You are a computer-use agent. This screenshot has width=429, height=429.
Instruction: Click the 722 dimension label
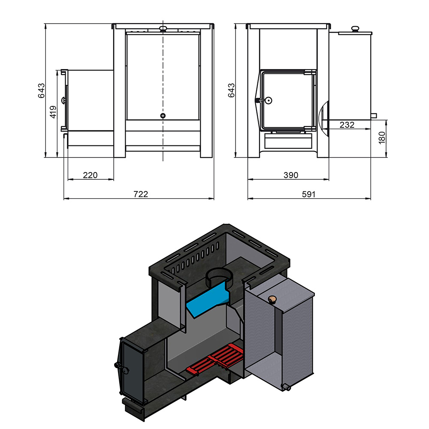tap(141, 194)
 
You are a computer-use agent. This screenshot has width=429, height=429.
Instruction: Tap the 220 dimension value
tap(90, 175)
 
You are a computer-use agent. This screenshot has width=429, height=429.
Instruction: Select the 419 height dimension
tap(53, 112)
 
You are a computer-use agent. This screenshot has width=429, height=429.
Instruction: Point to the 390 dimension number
tap(291, 175)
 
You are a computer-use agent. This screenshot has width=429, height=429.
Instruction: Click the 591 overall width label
tap(308, 194)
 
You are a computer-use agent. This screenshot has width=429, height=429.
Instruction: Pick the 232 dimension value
tap(347, 125)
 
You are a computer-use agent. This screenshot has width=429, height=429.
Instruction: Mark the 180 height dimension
tap(382, 138)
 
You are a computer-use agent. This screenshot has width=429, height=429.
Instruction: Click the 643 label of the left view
tap(41, 91)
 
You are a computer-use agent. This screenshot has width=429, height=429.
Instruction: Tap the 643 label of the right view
tap(231, 91)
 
